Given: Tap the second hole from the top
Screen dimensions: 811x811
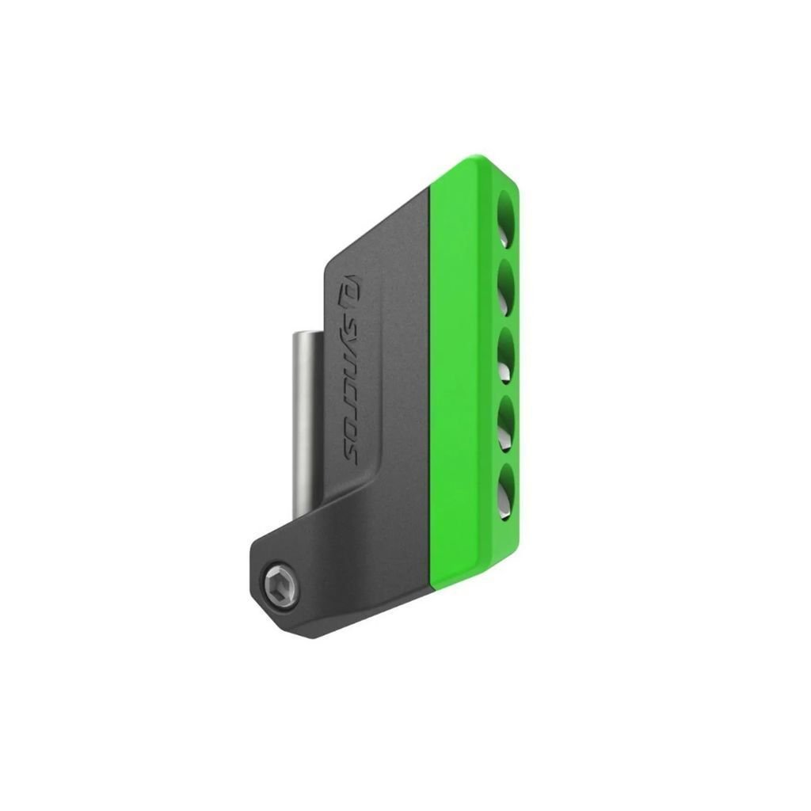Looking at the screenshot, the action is pos(506,287).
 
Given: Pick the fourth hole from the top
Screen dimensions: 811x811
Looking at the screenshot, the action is pos(506,424).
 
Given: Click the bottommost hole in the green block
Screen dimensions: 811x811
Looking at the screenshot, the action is pos(506,491).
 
